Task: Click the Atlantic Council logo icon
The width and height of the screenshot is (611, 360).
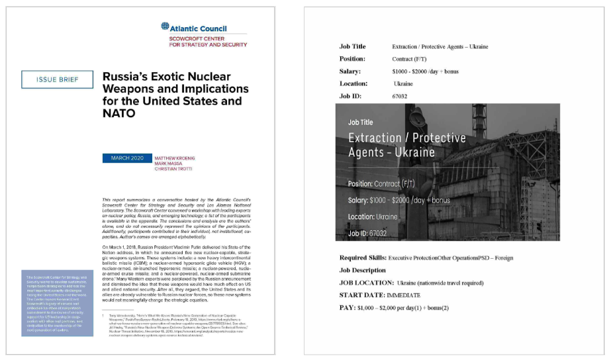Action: (x=165, y=27)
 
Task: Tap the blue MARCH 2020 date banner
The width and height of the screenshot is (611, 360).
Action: (x=126, y=158)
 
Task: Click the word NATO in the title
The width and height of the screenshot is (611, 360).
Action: (x=118, y=113)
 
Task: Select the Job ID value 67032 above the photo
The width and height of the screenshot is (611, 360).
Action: (x=400, y=96)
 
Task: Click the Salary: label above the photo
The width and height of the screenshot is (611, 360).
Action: (x=350, y=71)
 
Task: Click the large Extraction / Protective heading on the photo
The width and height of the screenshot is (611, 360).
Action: (x=406, y=138)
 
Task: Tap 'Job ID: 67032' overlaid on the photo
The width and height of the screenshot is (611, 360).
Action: (x=367, y=234)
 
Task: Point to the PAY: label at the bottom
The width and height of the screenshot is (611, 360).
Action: (x=349, y=308)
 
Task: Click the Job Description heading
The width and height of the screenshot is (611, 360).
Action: (x=362, y=270)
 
